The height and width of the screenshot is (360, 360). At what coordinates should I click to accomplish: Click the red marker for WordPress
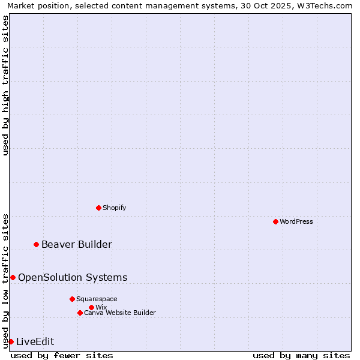click(275, 221)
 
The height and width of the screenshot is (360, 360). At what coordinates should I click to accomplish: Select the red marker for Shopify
click(98, 208)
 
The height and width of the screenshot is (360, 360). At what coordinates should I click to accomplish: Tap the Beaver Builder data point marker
click(36, 244)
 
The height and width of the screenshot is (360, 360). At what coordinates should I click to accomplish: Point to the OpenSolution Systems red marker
click(13, 277)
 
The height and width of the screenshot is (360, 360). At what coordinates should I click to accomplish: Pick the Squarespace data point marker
click(72, 299)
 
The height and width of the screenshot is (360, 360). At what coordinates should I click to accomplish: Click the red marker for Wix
click(91, 307)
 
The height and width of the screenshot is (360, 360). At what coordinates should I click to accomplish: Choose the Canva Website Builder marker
click(80, 313)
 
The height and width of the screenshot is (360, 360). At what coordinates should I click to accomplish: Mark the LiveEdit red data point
click(11, 341)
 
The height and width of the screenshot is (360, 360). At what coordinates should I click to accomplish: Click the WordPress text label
click(296, 221)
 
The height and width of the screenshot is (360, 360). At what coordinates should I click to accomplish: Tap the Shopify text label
click(114, 208)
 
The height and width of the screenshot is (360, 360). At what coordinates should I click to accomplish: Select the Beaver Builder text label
click(76, 244)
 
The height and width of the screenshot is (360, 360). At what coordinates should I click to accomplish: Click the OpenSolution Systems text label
click(73, 277)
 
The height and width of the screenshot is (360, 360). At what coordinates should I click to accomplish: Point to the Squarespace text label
click(97, 299)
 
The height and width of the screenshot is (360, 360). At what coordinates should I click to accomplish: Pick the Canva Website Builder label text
click(120, 313)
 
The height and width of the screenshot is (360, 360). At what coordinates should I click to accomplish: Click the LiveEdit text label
click(35, 341)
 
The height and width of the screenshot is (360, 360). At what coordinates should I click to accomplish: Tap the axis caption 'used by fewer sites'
click(62, 355)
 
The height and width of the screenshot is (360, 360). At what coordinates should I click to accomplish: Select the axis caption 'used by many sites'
click(301, 355)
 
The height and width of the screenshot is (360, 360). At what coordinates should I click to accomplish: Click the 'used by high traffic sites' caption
click(6, 85)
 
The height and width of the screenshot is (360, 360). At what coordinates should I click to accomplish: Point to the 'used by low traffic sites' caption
click(6, 281)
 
